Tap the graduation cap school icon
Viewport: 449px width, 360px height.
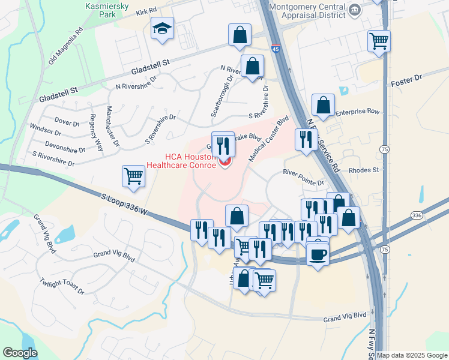(162, 28)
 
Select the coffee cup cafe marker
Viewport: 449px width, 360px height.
(318, 253)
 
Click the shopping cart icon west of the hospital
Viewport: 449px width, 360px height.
(133, 176)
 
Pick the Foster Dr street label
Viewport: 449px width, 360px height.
(406, 80)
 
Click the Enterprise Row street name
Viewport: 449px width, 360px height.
(358, 112)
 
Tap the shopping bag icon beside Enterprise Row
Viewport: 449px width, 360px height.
(323, 104)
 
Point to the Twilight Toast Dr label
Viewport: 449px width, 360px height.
(62, 286)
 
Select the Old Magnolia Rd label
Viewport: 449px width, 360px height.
(62, 47)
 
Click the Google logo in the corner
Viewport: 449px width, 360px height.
(20, 352)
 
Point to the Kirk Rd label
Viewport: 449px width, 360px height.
(146, 11)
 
